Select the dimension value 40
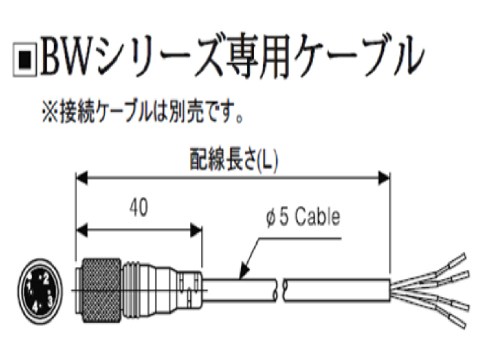tap(138, 207)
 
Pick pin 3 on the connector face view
tap(51, 297)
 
